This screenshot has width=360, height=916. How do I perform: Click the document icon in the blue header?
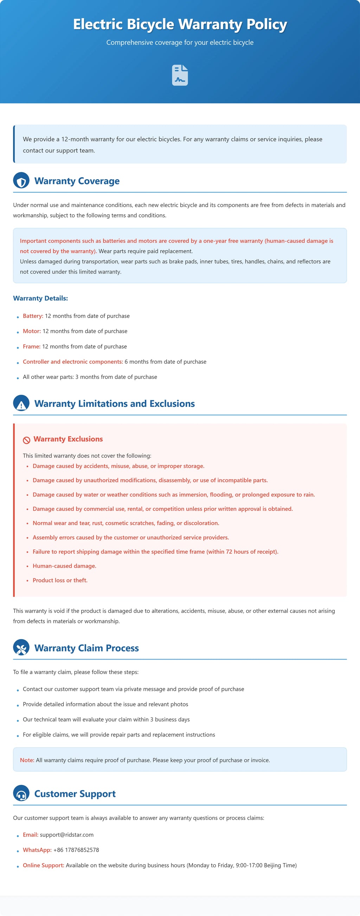point(180,75)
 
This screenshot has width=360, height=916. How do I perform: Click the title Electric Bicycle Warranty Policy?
point(180,24)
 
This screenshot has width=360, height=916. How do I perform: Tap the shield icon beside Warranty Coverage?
point(21,181)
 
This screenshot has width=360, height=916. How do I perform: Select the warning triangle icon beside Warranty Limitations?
point(21,403)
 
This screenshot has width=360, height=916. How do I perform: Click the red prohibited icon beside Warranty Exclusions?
point(27,440)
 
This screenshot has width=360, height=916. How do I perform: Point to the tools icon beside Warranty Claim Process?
point(21,648)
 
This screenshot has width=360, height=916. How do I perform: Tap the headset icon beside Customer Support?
point(21,793)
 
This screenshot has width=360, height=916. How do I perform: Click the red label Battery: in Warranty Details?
point(33,316)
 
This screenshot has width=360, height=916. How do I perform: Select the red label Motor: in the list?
point(32,331)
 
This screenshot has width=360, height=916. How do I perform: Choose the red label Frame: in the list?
point(32,346)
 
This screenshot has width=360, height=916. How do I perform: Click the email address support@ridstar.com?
point(66,834)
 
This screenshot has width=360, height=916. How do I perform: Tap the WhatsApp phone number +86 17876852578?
point(76,850)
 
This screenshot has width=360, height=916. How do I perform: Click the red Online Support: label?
point(43,865)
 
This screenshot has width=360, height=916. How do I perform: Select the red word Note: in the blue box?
point(27,760)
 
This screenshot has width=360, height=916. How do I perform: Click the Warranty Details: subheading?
point(40,298)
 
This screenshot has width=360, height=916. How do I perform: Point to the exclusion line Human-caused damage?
point(64,566)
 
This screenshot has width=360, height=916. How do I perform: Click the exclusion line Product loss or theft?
point(60,580)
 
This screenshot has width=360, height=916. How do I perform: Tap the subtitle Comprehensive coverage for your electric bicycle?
point(180,43)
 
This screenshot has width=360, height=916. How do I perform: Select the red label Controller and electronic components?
point(73,362)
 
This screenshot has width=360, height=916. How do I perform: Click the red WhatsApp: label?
point(37,850)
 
